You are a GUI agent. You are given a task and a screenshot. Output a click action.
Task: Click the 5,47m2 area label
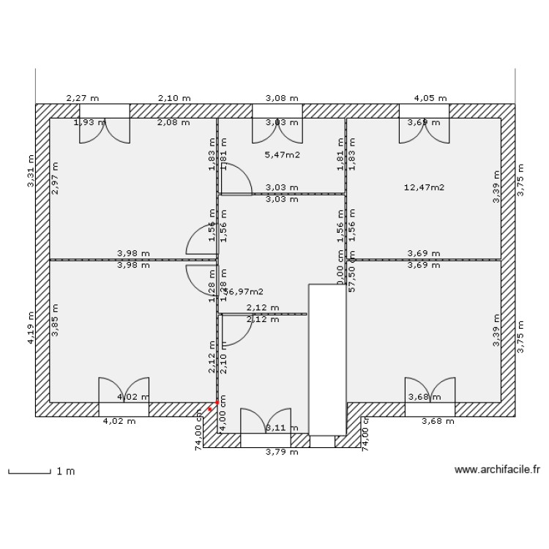pyautogui.click(x=282, y=154)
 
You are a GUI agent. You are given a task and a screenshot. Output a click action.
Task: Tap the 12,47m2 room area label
pyautogui.click(x=424, y=187)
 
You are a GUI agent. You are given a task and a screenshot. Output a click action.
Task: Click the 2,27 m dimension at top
pyautogui.click(x=83, y=97)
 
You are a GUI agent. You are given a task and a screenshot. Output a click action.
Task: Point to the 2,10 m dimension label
pyautogui.click(x=173, y=97)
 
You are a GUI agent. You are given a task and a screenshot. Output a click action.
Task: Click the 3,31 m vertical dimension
pyautogui.click(x=31, y=171)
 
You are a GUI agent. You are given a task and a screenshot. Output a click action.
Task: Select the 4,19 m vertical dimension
pyautogui.click(x=31, y=329)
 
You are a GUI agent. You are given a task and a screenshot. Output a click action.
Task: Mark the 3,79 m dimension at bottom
pyautogui.click(x=282, y=452)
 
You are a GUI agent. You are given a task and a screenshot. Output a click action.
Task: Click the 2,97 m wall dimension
pyautogui.click(x=55, y=178)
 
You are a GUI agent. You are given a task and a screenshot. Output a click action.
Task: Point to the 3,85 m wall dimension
pyautogui.click(x=55, y=320)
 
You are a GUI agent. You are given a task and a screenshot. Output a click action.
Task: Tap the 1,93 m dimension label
pyautogui.click(x=89, y=122)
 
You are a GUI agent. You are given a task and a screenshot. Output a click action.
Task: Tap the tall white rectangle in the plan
pyautogui.click(x=326, y=359)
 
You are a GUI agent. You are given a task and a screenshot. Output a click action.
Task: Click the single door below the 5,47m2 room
pyautogui.click(x=237, y=180)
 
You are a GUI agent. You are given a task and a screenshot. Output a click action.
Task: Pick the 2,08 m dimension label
pyautogui.click(x=173, y=122)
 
